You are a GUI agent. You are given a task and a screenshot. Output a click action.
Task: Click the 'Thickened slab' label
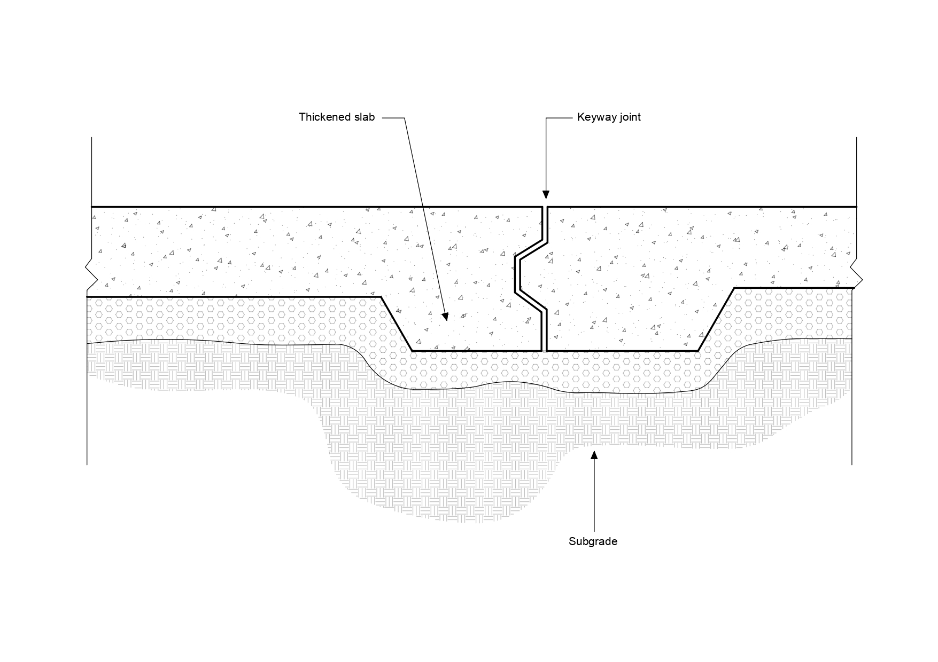click(x=337, y=117)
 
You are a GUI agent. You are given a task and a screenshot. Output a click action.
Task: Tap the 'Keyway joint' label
click(x=609, y=117)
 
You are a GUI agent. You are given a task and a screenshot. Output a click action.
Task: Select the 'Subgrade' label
click(x=593, y=541)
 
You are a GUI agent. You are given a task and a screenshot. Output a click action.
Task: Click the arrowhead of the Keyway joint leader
click(x=546, y=195)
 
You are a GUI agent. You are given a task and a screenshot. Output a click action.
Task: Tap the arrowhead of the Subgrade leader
click(x=594, y=455)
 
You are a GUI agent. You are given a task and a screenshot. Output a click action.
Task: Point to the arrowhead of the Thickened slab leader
click(x=445, y=317)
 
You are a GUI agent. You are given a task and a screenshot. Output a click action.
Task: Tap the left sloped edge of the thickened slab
click(x=396, y=324)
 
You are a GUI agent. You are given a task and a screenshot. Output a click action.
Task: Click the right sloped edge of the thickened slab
click(x=716, y=319)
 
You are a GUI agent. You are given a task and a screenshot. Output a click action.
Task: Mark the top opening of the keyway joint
click(x=545, y=208)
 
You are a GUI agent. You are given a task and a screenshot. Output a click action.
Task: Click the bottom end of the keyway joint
click(x=545, y=350)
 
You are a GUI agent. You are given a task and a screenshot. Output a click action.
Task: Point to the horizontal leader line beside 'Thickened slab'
click(x=393, y=118)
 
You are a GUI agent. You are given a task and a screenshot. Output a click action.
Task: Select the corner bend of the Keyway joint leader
click(x=546, y=118)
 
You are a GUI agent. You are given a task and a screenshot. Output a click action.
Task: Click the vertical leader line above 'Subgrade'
click(x=594, y=496)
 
